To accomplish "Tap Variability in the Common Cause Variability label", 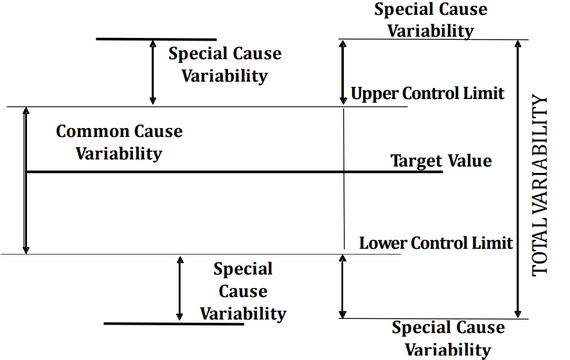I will [x=119, y=154].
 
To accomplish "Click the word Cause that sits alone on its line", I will [x=243, y=291].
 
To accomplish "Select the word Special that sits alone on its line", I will [x=243, y=269].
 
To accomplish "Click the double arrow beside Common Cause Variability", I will [x=26, y=180].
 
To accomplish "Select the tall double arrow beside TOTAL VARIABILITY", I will [x=517, y=179].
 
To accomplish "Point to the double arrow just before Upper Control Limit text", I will [x=343, y=72].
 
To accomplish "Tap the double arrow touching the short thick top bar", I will [x=152, y=72].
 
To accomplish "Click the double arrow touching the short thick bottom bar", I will [x=180, y=288].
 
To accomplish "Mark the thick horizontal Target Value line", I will [x=193, y=172].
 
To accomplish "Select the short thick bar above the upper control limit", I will [x=156, y=39].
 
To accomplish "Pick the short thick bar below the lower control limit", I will [x=174, y=323].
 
